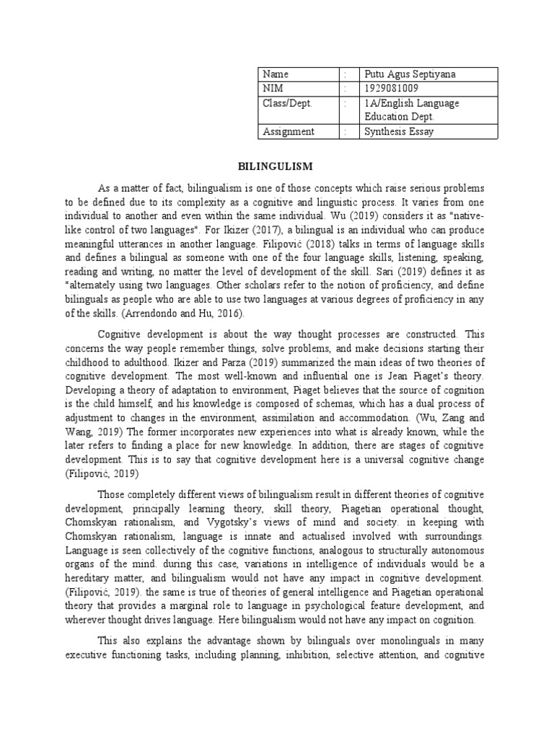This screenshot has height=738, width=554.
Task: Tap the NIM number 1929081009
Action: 390,89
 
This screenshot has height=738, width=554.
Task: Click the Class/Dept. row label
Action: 288,103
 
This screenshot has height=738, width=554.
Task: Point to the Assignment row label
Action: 289,131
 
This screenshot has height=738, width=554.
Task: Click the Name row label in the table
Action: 276,74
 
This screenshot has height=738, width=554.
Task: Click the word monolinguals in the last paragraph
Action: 357,641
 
